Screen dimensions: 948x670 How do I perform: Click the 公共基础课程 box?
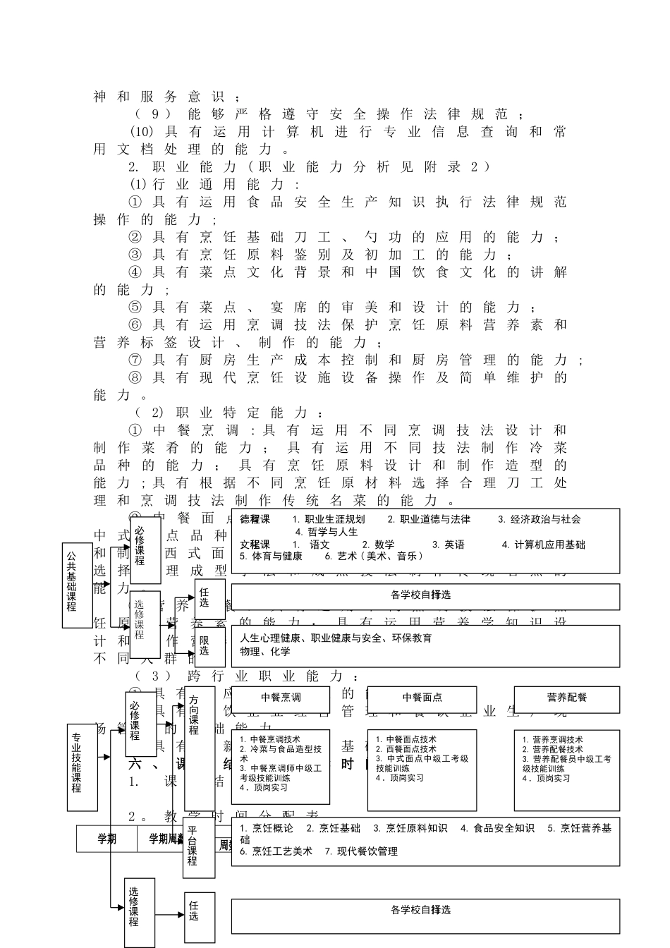pos(77,585)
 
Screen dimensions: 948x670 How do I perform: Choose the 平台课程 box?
pos(198,846)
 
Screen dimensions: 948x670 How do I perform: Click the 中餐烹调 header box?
pos(281,698)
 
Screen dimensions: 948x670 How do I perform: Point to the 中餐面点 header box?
pos(422,698)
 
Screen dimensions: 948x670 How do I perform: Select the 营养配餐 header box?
pos(566,698)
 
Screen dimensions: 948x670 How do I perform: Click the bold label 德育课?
pos(255,519)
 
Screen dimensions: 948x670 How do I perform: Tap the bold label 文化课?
pos(255,545)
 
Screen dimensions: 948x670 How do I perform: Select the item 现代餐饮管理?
pos(367,851)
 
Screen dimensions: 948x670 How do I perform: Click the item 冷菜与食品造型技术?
pos(284,749)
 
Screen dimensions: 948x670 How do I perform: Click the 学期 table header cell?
pos(107,839)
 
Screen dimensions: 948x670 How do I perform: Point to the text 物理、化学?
pos(264,651)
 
